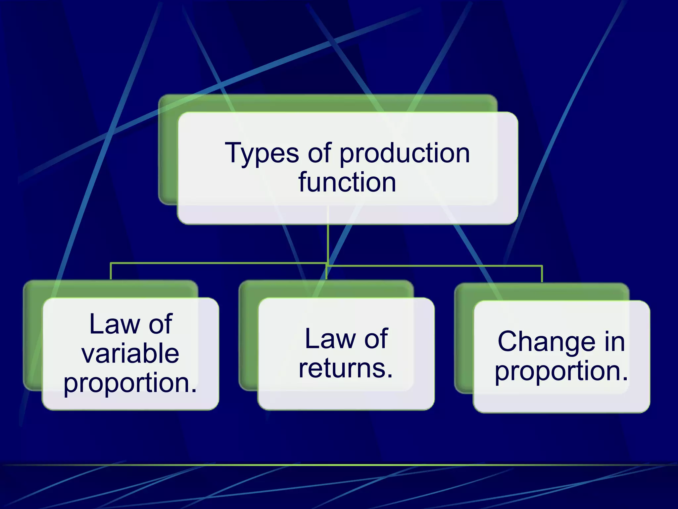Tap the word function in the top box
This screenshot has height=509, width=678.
pyautogui.click(x=347, y=182)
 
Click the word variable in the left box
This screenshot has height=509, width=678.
pyautogui.click(x=130, y=353)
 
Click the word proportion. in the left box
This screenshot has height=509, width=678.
pyautogui.click(x=130, y=383)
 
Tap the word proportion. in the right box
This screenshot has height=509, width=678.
pyautogui.click(x=561, y=371)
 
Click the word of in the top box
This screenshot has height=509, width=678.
pyautogui.click(x=319, y=153)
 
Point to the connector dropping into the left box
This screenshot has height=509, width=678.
pyautogui.click(x=111, y=272)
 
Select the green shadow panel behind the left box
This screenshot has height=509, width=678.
pyautogui.click(x=32, y=335)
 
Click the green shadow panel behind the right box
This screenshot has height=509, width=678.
pyautogui.click(x=463, y=338)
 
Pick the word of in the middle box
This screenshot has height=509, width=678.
pyautogui.click(x=376, y=339)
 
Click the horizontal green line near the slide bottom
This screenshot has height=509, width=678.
pyautogui.click(x=339, y=465)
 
